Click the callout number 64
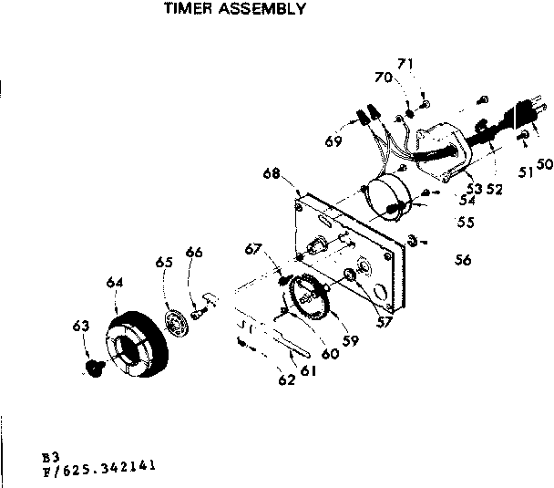pyautogui.click(x=113, y=283)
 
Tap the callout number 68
pyautogui.click(x=270, y=173)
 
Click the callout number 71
pyautogui.click(x=405, y=64)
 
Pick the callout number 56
pyautogui.click(x=463, y=260)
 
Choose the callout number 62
pyautogui.click(x=286, y=380)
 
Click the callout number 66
pyautogui.click(x=193, y=252)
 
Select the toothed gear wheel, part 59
pyautogui.click(x=305, y=299)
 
